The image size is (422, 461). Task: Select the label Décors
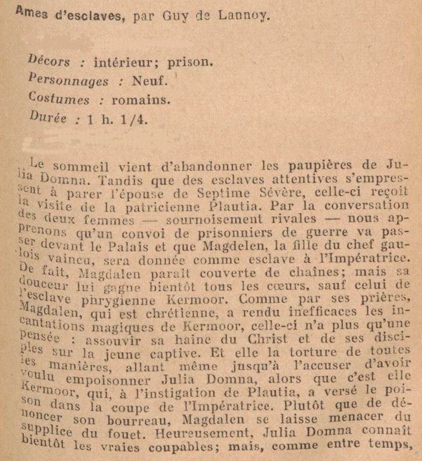48,61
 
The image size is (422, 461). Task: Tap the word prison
192,61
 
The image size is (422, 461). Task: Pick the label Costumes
59,99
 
